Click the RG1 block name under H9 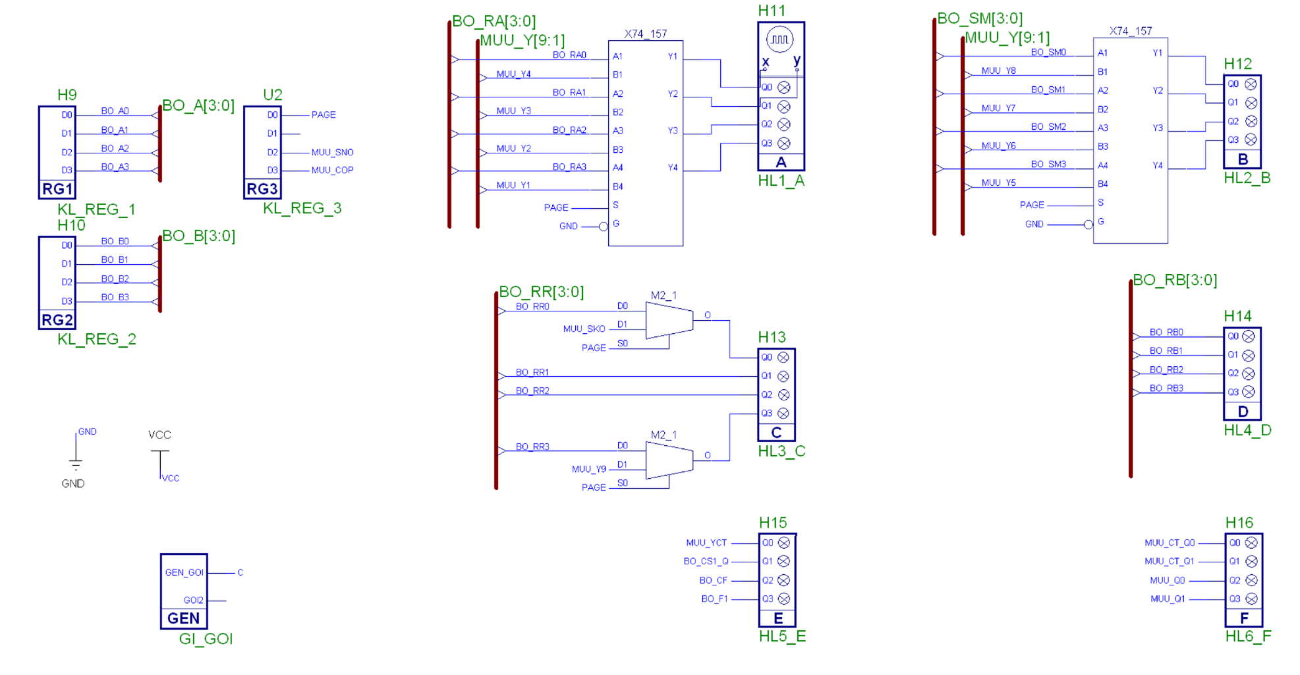[x=57, y=190]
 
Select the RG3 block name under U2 [x=262, y=190]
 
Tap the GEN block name [x=183, y=618]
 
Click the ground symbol [x=76, y=464]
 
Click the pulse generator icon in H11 [x=779, y=40]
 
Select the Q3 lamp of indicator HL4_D [x=1248, y=392]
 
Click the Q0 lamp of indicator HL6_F [x=1251, y=543]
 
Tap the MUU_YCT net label [x=706, y=543]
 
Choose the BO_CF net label [x=713, y=580]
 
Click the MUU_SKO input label [x=584, y=329]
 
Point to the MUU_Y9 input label [x=588, y=469]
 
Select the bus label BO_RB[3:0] [x=1175, y=280]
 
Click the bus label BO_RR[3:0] [x=541, y=292]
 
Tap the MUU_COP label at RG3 [x=332, y=170]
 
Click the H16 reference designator [x=1239, y=523]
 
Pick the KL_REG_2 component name [x=96, y=339]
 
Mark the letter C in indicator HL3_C [x=776, y=433]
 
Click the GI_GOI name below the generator [x=206, y=639]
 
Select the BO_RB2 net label [x=1166, y=369]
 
